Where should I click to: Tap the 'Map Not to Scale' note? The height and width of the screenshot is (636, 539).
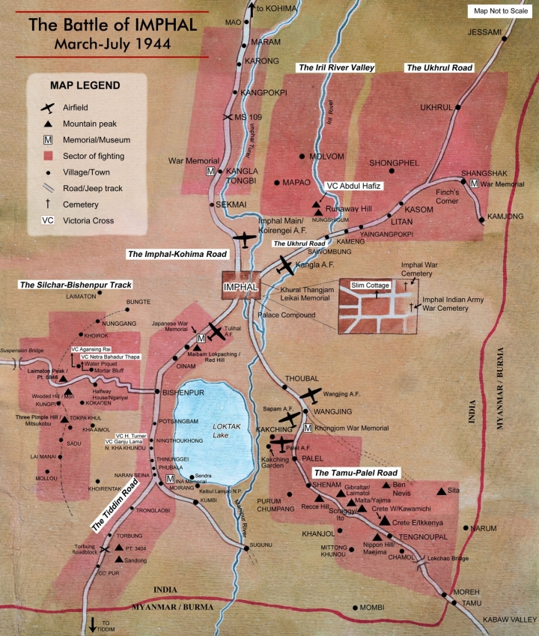pos(501,11)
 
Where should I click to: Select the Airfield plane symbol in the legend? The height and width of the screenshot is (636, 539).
pos(48,108)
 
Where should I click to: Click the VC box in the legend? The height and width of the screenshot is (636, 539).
pos(48,220)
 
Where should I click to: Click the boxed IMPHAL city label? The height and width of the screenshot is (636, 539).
pos(240,286)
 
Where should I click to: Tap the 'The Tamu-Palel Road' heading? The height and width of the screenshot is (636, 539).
pos(355,473)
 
